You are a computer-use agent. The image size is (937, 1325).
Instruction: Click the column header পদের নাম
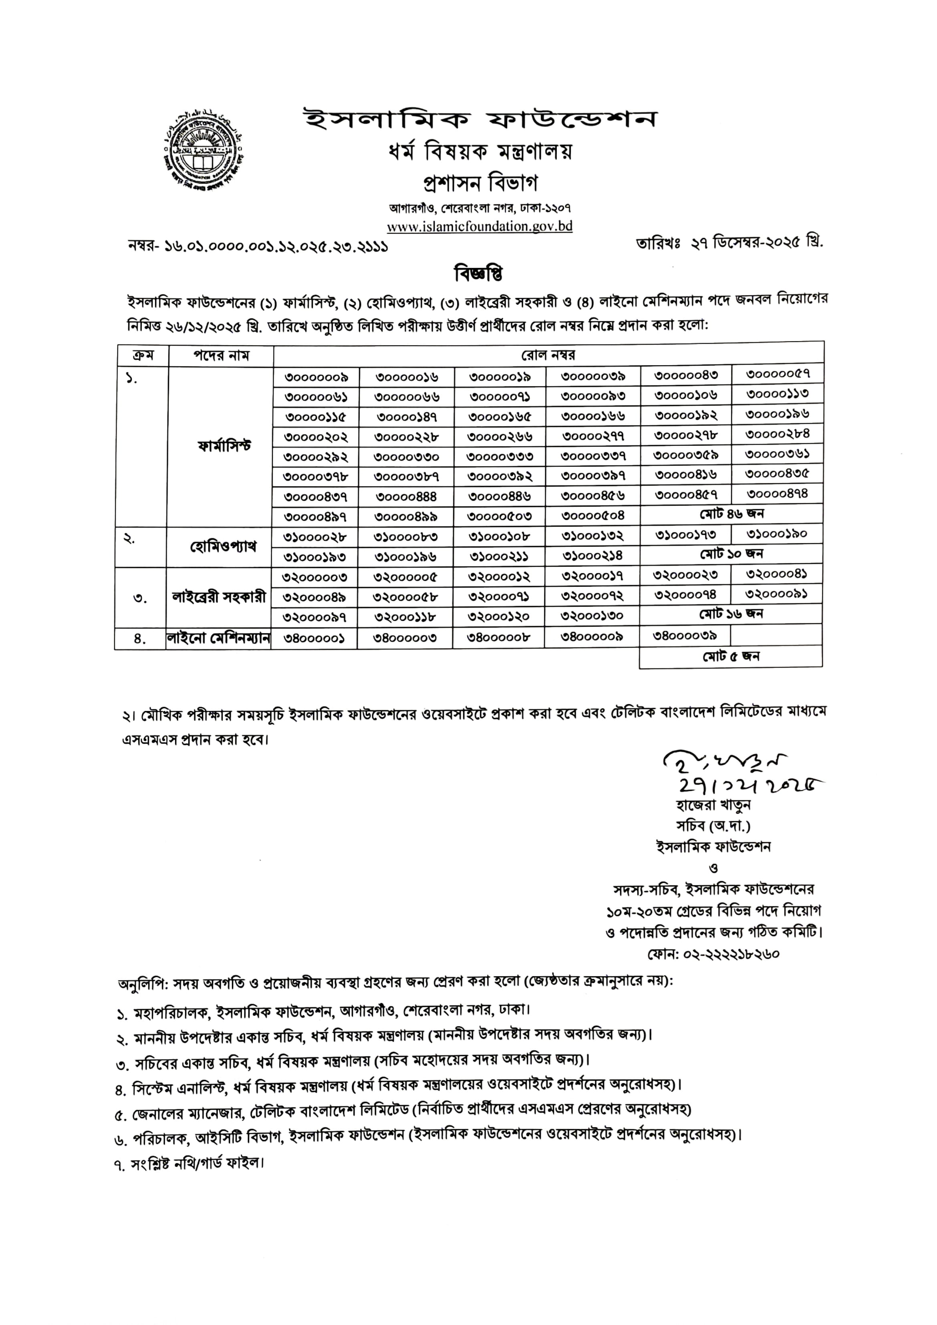click(x=221, y=355)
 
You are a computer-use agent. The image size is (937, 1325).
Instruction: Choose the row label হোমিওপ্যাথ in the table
click(x=223, y=546)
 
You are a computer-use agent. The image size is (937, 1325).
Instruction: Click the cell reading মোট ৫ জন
click(x=730, y=656)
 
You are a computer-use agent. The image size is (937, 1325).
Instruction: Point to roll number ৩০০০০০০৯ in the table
click(x=316, y=377)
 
